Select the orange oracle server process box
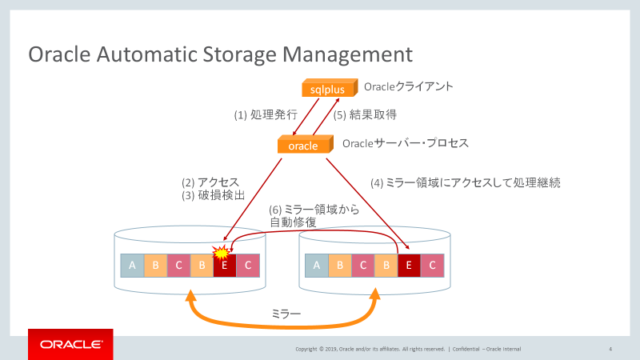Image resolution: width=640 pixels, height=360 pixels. click(303, 145)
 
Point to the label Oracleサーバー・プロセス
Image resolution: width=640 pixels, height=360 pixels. click(405, 143)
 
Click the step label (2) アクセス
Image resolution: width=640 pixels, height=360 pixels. click(210, 182)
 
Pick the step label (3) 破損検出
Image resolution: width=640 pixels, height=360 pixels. click(210, 195)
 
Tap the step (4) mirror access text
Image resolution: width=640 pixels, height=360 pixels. click(465, 182)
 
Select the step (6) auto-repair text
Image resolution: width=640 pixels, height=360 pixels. click(313, 215)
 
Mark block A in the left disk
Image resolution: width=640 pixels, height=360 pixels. click(132, 266)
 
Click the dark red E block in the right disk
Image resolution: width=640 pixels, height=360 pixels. click(410, 266)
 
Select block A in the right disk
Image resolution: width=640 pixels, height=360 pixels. click(318, 266)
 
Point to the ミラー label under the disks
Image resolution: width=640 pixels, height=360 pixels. click(286, 315)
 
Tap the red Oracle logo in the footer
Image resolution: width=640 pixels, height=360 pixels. click(70, 345)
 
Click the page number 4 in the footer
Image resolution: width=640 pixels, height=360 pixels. click(610, 349)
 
